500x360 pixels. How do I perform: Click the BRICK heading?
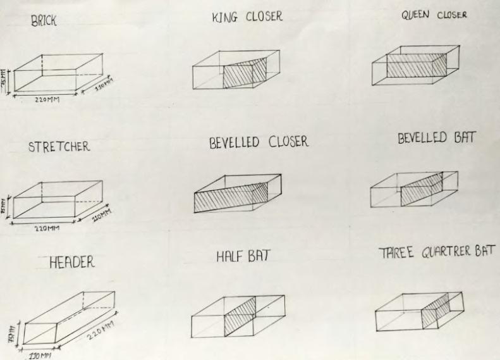click(x=44, y=21)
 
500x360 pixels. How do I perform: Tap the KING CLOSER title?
click(x=247, y=18)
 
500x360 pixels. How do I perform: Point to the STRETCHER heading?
click(x=59, y=147)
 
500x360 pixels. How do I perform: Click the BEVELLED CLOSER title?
click(x=259, y=142)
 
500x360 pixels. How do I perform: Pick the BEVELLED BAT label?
click(x=436, y=139)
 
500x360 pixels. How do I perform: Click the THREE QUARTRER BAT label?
click(x=436, y=254)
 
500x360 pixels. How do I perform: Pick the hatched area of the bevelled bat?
click(x=422, y=190)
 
